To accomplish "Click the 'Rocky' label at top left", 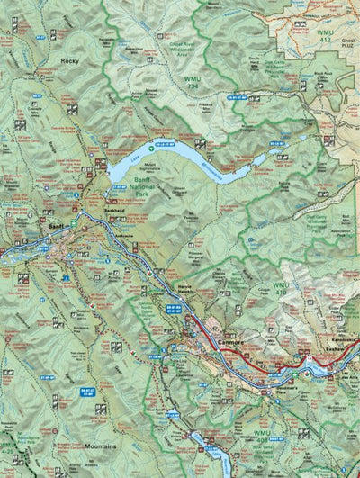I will (x=69, y=60).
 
